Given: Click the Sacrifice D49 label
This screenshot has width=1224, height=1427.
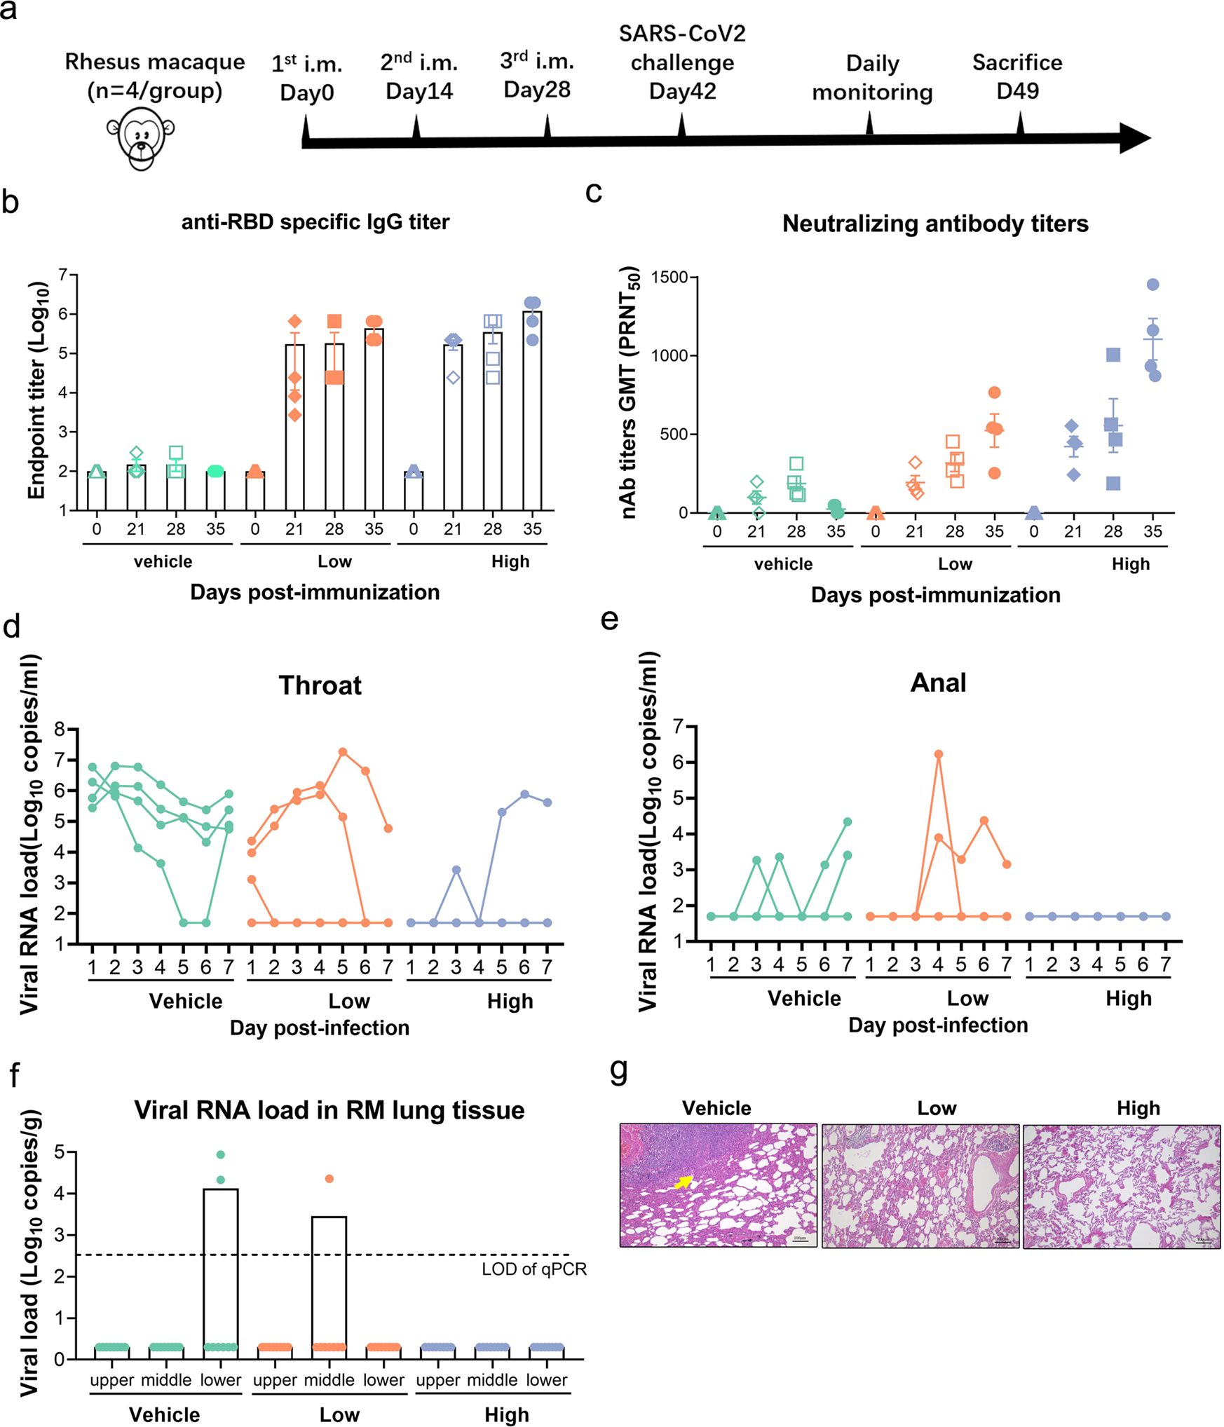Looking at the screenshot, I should pos(1016,76).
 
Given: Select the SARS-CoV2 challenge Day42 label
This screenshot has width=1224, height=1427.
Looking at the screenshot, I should pos(681,62).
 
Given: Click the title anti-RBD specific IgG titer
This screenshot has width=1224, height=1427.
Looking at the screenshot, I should pos(315,222).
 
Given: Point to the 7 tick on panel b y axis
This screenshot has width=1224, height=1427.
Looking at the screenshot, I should pos(63,274).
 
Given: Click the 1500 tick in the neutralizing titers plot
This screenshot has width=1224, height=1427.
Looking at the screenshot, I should pos(669,278).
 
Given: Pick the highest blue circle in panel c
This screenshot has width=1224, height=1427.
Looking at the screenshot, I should pos(1152,285).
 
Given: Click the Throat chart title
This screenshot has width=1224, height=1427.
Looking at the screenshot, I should pos(320,685).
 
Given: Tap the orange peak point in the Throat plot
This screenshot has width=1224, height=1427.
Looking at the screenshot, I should pos(342,752).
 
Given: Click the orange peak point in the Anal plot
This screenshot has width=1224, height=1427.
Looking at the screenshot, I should pos(938,754).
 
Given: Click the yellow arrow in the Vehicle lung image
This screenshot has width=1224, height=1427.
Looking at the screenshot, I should pos(683,1182).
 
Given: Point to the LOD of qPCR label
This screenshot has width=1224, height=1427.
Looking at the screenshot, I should pos(533,1269).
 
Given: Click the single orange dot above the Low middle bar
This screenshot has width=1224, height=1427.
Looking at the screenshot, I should pos(329,1179).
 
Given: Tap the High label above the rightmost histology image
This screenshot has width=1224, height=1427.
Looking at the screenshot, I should pos(1138,1108).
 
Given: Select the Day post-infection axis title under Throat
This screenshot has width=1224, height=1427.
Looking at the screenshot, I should pos(319,1027).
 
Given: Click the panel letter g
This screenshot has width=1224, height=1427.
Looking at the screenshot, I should pos(618,1071).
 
